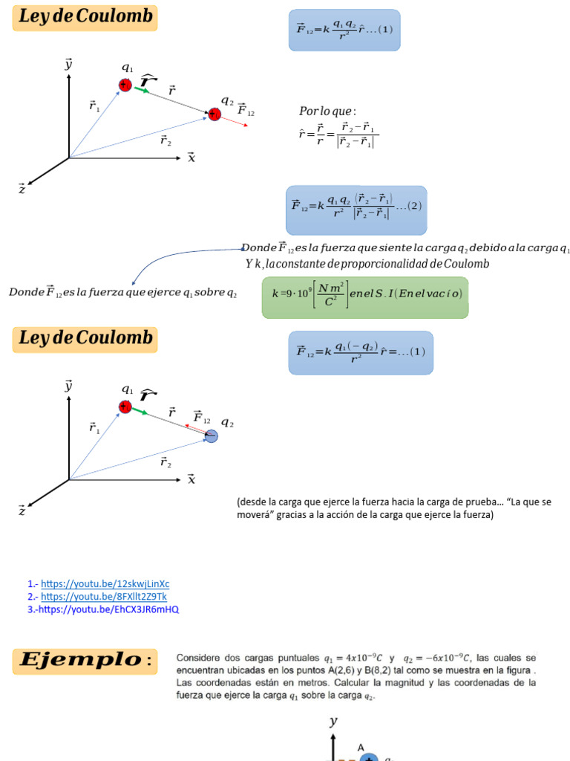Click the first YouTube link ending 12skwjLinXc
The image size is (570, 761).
click(105, 584)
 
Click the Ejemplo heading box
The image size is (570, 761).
click(85, 660)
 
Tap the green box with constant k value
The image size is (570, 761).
click(365, 297)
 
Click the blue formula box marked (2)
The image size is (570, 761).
click(356, 210)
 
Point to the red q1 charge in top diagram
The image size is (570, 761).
click(125, 85)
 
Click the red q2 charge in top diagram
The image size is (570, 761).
click(214, 114)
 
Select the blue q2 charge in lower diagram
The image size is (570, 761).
click(212, 437)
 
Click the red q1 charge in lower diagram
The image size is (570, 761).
click(125, 407)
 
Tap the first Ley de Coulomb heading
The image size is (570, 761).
click(85, 18)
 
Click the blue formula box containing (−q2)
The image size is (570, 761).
click(360, 353)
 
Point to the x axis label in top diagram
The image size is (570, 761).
click(191, 158)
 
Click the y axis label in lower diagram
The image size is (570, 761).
click(68, 386)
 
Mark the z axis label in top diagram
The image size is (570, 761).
click(22, 190)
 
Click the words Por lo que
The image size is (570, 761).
click(327, 111)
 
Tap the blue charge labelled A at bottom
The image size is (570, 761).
click(368, 757)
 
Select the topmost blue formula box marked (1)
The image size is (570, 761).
click(344, 30)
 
